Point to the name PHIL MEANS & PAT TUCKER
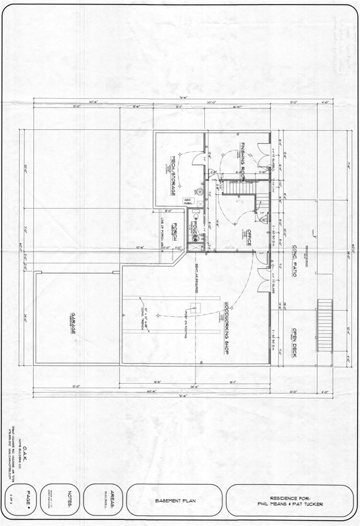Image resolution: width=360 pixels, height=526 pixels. [290, 503]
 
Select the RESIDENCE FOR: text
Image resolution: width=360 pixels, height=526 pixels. [290, 497]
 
